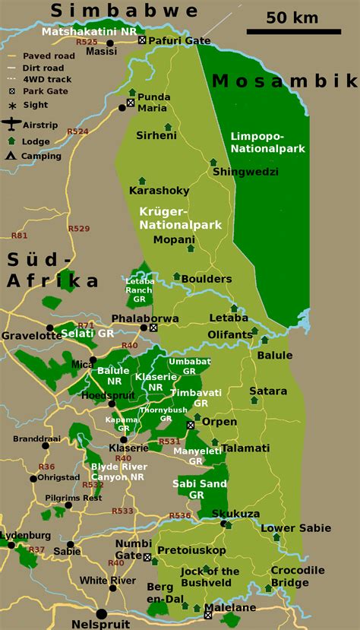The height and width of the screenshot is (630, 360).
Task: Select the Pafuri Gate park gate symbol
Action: click(141, 40)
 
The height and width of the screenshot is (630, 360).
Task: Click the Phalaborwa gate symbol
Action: click(153, 328)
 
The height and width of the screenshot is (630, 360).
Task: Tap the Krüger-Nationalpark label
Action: click(180, 217)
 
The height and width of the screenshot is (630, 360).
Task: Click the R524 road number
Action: click(78, 131)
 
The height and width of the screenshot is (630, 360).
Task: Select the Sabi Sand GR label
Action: click(197, 489)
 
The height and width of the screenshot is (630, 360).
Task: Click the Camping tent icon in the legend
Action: click(11, 156)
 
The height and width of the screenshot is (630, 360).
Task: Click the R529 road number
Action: click(79, 228)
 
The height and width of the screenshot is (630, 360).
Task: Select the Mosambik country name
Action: click(285, 81)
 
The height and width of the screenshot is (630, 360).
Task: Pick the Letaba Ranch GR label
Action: click(139, 286)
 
